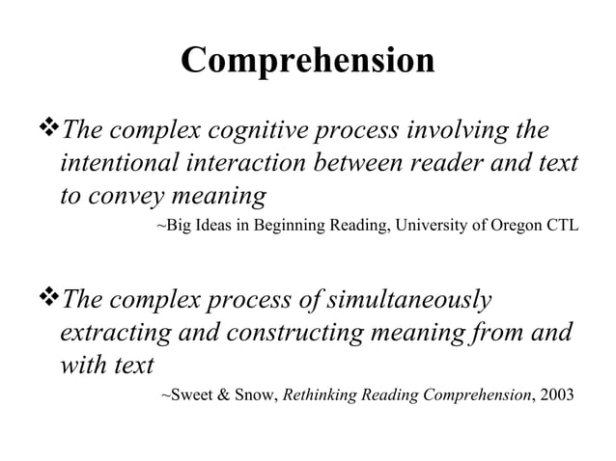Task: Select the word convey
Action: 129,197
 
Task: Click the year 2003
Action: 552,396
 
